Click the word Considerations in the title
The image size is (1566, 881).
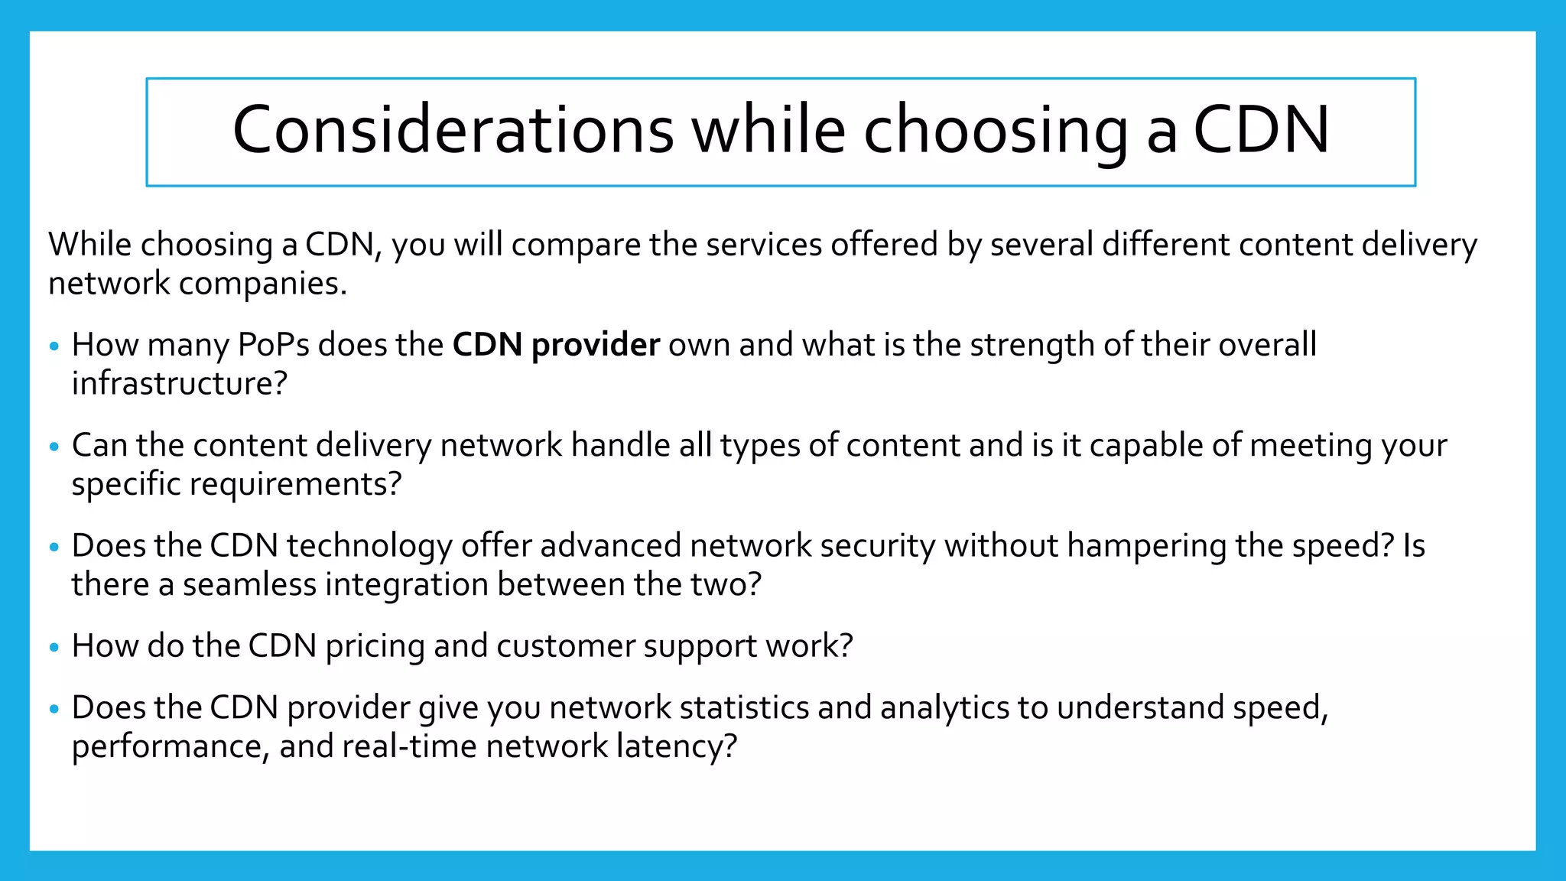pyautogui.click(x=453, y=130)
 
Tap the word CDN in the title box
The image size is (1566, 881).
pyautogui.click(x=1261, y=130)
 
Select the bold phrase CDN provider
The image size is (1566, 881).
pyautogui.click(x=556, y=345)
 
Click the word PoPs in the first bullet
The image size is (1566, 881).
pyautogui.click(x=274, y=345)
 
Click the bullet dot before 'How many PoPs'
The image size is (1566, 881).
pyautogui.click(x=54, y=346)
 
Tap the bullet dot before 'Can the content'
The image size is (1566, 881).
pyautogui.click(x=54, y=447)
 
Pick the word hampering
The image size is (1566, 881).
pyautogui.click(x=1147, y=546)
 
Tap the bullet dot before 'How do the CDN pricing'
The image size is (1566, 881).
pyautogui.click(x=54, y=648)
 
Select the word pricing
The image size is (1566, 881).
pyautogui.click(x=375, y=647)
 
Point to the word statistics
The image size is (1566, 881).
pyautogui.click(x=744, y=708)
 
